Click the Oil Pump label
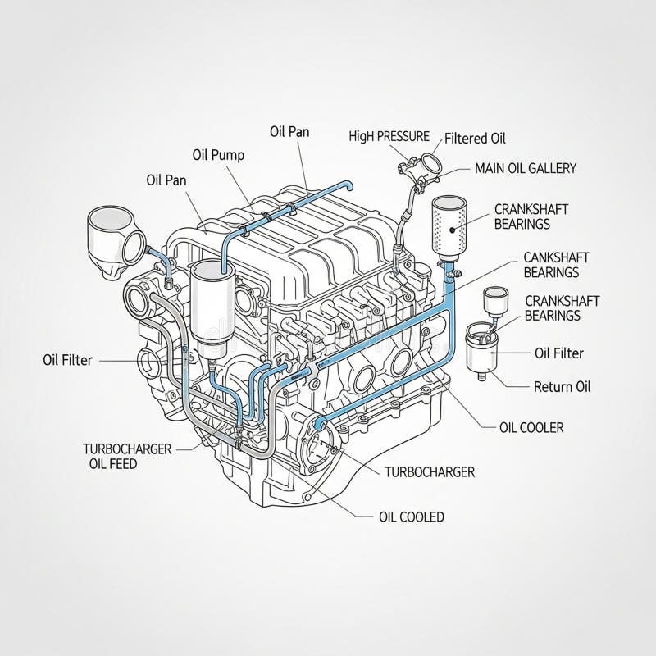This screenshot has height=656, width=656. (x=218, y=155)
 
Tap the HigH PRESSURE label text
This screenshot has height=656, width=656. (x=389, y=136)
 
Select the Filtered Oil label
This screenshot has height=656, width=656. (x=475, y=138)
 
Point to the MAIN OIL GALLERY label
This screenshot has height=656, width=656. (x=526, y=168)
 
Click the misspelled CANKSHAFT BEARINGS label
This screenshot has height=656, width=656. (x=556, y=265)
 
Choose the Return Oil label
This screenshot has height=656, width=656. (x=562, y=386)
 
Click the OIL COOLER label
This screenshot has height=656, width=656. (x=531, y=427)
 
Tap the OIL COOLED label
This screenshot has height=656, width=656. (x=412, y=517)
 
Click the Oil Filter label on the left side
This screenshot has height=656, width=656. (x=67, y=360)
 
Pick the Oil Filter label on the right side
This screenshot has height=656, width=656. (x=559, y=353)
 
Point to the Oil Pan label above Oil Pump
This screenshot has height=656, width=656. (x=289, y=132)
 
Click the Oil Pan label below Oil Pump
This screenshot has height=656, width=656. (x=166, y=180)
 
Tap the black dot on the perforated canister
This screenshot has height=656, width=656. (x=452, y=230)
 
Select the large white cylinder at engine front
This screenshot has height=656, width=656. (x=213, y=307)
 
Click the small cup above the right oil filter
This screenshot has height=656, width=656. (x=496, y=301)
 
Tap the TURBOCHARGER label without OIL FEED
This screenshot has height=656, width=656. (x=430, y=472)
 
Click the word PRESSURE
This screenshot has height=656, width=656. (x=403, y=136)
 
